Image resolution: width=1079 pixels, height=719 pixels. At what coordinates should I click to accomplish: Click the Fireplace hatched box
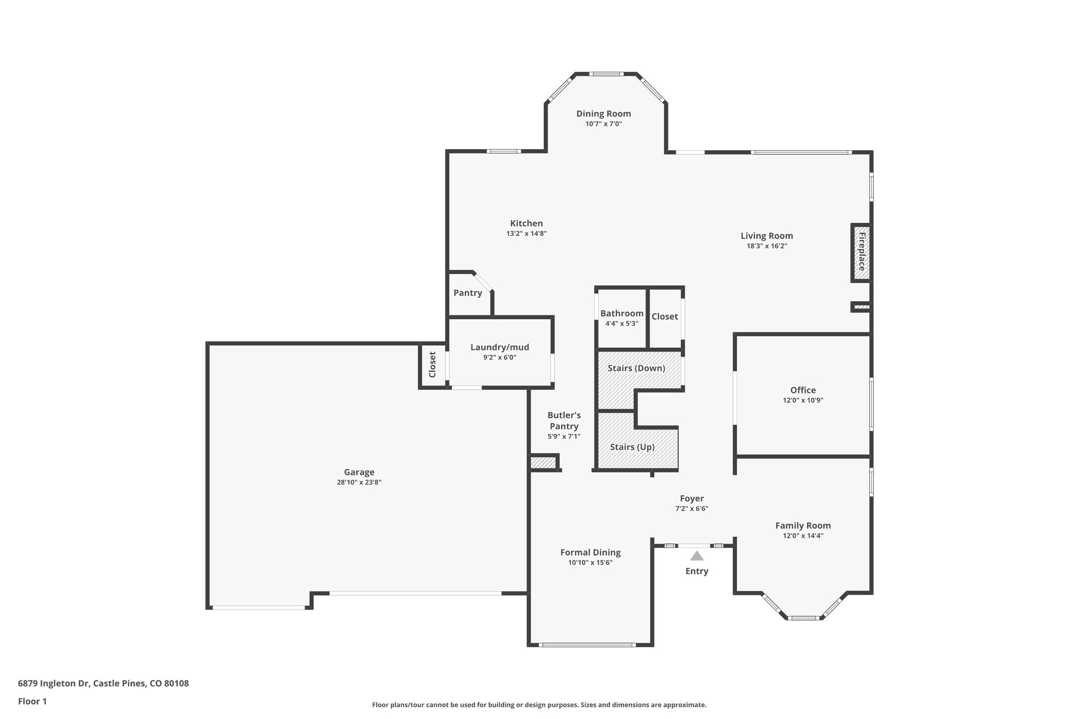(861, 252)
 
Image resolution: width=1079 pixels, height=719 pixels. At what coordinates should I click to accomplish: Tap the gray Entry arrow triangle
(697, 556)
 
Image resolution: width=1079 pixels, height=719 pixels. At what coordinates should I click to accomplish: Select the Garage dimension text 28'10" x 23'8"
(359, 482)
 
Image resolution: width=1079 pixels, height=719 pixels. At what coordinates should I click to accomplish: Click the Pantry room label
(467, 293)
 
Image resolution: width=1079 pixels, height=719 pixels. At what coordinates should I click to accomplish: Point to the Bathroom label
(622, 313)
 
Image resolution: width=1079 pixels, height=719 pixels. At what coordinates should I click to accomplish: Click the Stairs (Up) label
(632, 447)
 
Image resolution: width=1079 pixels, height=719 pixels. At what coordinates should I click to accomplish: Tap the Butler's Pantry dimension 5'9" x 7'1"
(564, 436)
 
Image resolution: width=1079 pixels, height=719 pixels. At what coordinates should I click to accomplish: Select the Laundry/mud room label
(499, 347)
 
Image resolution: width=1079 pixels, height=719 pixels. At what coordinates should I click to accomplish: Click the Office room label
(802, 390)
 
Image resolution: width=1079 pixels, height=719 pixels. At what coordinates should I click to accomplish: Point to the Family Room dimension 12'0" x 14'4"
(802, 536)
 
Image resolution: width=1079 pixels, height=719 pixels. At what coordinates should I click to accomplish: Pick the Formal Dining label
(590, 553)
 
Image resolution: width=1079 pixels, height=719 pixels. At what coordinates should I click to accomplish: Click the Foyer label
(691, 498)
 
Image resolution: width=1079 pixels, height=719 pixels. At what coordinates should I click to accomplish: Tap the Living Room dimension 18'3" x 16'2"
(767, 246)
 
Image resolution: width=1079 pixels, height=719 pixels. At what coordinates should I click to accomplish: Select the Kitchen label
(526, 223)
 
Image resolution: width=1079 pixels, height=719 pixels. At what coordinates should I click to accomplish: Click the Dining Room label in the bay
(603, 114)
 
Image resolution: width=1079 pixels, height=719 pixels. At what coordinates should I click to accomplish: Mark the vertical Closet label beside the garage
(432, 365)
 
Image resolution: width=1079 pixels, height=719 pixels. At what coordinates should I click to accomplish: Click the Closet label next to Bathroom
(664, 317)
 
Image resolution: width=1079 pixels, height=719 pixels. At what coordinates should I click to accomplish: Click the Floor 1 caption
(32, 702)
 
